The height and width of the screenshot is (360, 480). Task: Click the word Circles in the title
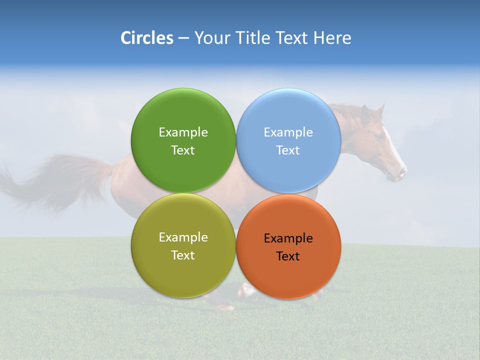point(146,38)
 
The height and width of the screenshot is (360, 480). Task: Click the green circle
point(183,115)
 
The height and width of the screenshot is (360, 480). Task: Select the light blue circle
point(288,115)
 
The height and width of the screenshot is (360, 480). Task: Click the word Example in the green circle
point(183,132)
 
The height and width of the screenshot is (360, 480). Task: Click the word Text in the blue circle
point(288,150)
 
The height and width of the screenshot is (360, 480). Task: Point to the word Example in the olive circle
point(183,237)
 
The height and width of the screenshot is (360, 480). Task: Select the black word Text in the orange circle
point(288,256)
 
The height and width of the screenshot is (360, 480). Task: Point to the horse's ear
point(379,110)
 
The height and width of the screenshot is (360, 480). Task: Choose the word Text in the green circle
point(183,150)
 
